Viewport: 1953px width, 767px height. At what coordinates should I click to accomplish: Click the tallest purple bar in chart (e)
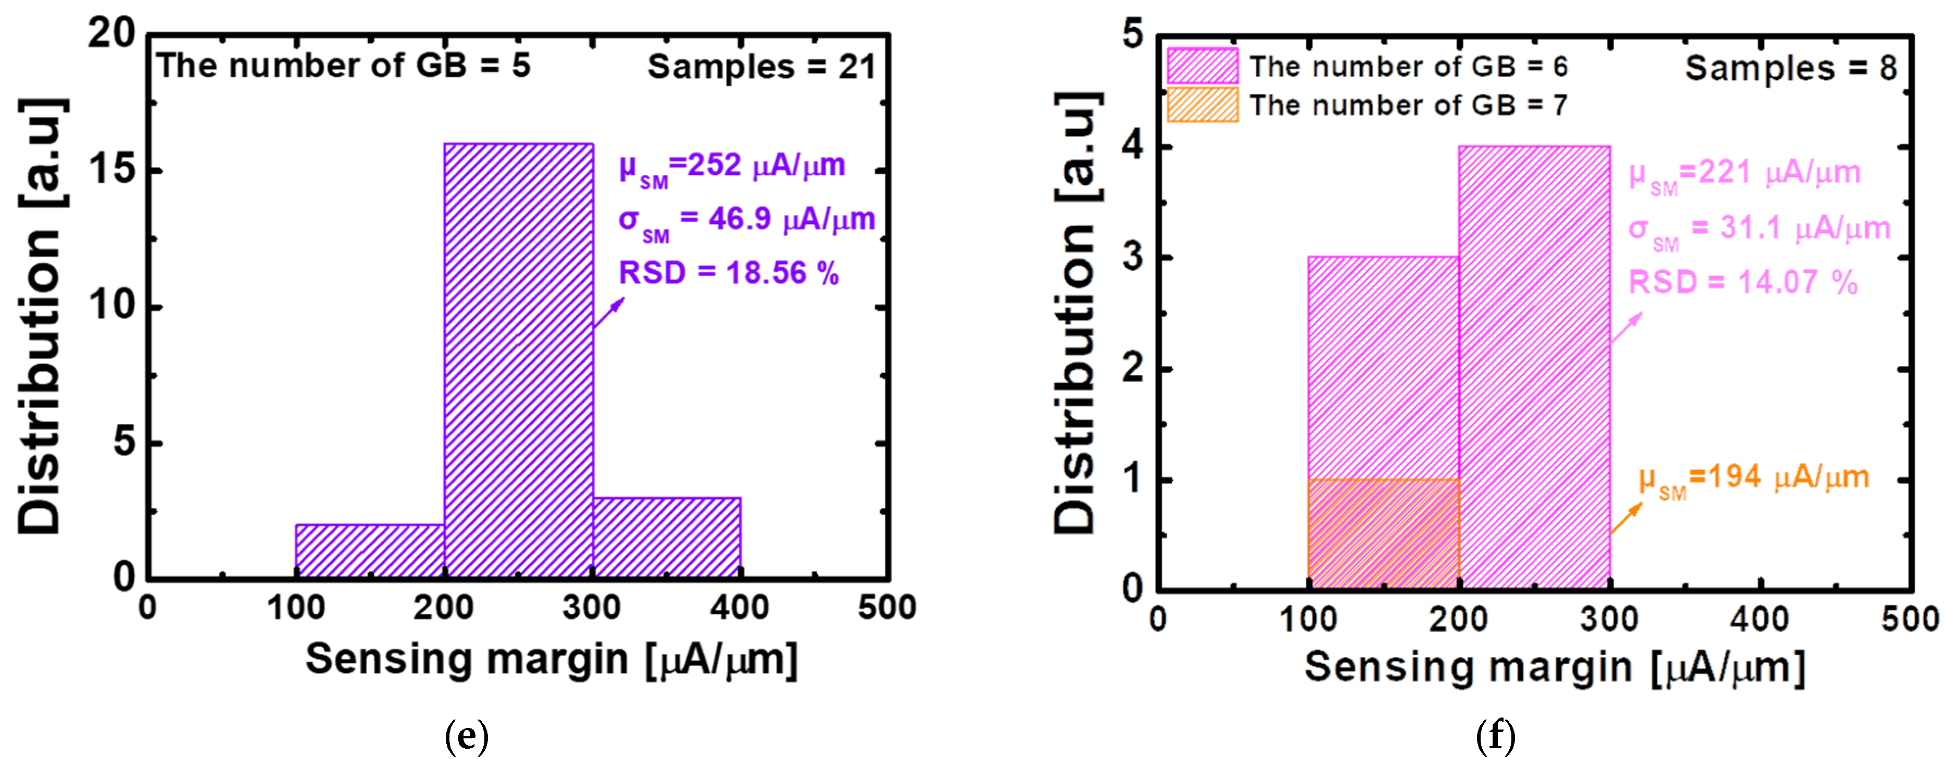click(x=519, y=360)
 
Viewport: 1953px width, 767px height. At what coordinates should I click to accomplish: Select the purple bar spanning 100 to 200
click(x=370, y=551)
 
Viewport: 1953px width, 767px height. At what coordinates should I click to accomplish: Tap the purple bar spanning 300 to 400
click(x=667, y=537)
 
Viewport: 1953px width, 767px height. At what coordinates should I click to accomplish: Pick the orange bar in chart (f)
click(x=1384, y=534)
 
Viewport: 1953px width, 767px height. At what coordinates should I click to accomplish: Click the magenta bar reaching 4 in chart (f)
click(x=1534, y=368)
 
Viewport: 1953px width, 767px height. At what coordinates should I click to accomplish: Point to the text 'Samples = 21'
click(x=761, y=67)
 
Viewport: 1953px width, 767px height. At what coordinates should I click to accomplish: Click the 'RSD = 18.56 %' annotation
click(x=729, y=273)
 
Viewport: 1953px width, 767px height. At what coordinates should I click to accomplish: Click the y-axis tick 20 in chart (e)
click(x=112, y=33)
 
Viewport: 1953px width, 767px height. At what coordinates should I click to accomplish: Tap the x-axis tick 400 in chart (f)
click(x=1759, y=619)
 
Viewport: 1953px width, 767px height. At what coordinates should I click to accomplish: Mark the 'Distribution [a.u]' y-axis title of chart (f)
click(x=1076, y=312)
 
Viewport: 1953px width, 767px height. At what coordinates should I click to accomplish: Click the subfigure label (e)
click(x=466, y=735)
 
